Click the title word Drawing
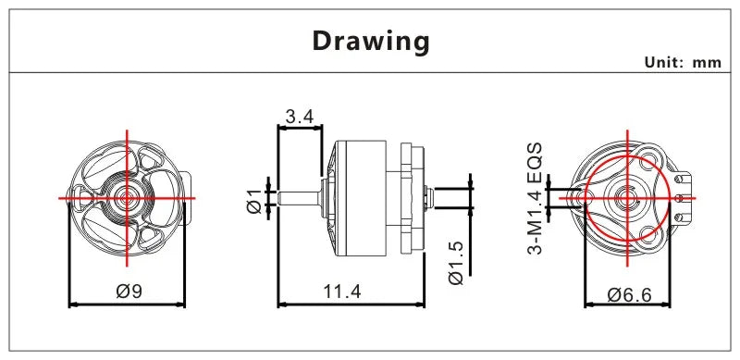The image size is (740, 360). (x=370, y=42)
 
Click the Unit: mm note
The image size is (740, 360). (x=681, y=62)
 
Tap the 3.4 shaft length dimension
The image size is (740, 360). (x=299, y=117)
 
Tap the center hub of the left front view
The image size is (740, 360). (x=127, y=197)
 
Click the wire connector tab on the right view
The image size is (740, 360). (x=684, y=196)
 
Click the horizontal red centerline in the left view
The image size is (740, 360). (x=83, y=197)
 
